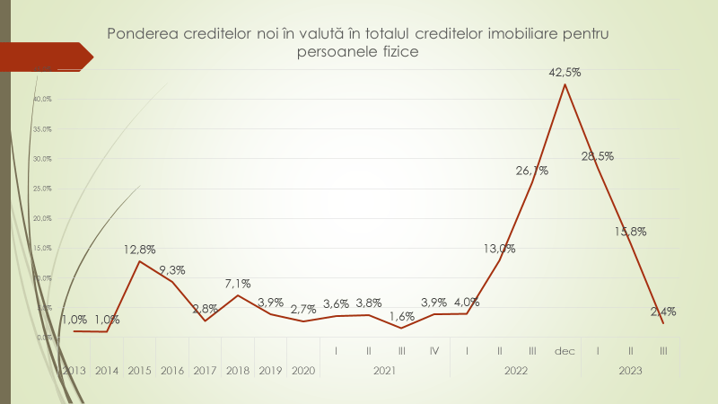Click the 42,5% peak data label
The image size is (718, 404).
(x=565, y=73)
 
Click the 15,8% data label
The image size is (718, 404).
(x=630, y=231)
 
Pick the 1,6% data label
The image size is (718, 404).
(x=401, y=316)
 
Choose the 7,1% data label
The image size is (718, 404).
(x=238, y=284)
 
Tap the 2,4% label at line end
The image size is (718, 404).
(x=662, y=312)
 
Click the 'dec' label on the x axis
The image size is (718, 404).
(x=565, y=350)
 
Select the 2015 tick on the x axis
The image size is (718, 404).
(x=140, y=370)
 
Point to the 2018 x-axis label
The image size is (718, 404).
(x=238, y=370)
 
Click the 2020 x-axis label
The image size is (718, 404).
(x=303, y=370)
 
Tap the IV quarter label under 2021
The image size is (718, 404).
(x=433, y=350)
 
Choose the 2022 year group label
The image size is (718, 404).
(x=515, y=370)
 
